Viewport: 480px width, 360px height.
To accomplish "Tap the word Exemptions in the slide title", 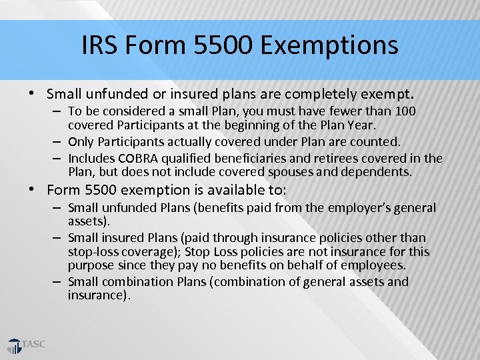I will click(330, 45).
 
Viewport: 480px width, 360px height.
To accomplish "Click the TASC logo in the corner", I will click(26, 345).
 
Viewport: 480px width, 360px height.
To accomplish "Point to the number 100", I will click(405, 111).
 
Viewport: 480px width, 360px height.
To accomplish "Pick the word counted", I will click(378, 141).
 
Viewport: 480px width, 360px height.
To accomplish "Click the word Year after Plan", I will click(361, 125).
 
